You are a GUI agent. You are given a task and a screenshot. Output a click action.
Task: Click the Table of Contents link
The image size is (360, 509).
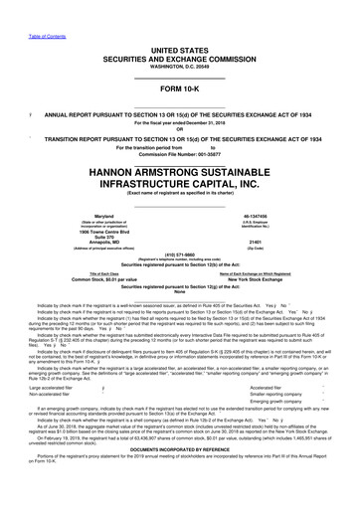pos(19,5)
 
